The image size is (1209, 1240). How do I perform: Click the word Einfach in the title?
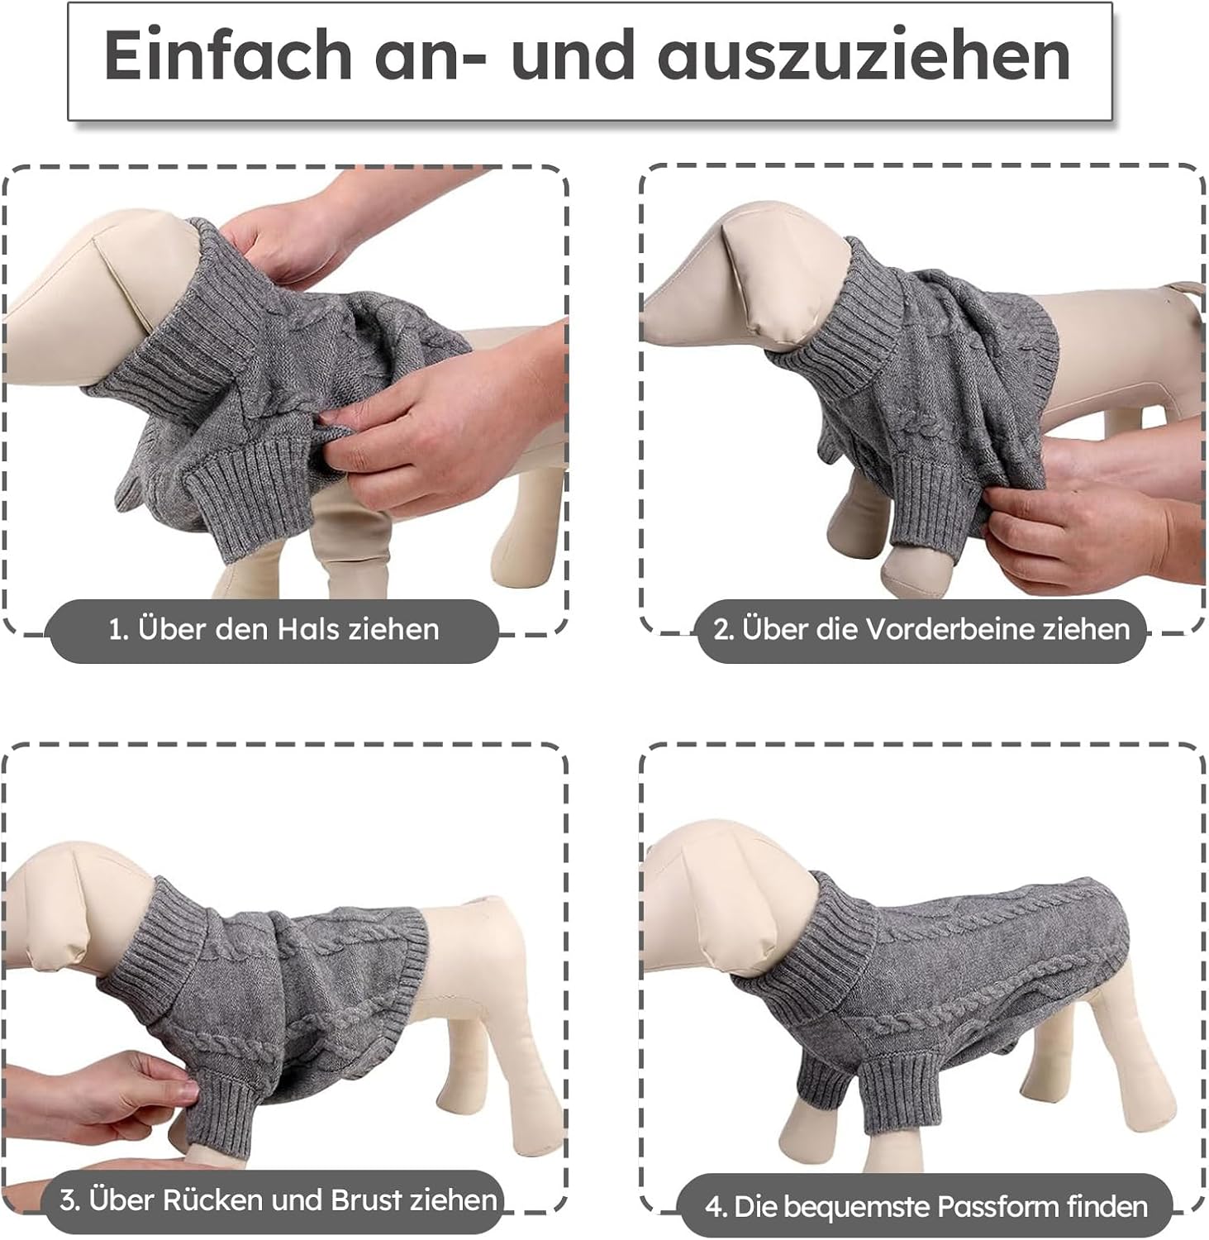pyautogui.click(x=229, y=55)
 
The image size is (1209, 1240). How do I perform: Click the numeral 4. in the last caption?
pyautogui.click(x=716, y=1208)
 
